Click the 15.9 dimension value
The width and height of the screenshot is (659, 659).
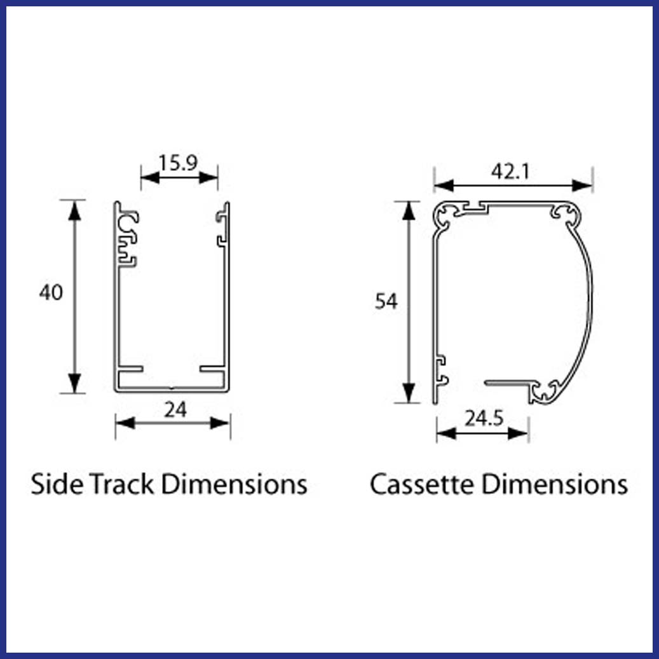(179, 163)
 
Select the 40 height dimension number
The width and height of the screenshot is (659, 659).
(51, 293)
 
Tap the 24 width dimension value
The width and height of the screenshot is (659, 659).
(175, 411)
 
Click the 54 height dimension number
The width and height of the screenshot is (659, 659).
(386, 301)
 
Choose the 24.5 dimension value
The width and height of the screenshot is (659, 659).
(484, 419)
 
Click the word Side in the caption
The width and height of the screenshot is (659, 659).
(55, 484)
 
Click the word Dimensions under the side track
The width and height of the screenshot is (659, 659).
(234, 484)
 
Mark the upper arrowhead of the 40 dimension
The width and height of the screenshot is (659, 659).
(76, 210)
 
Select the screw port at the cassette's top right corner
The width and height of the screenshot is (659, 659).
(567, 214)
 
